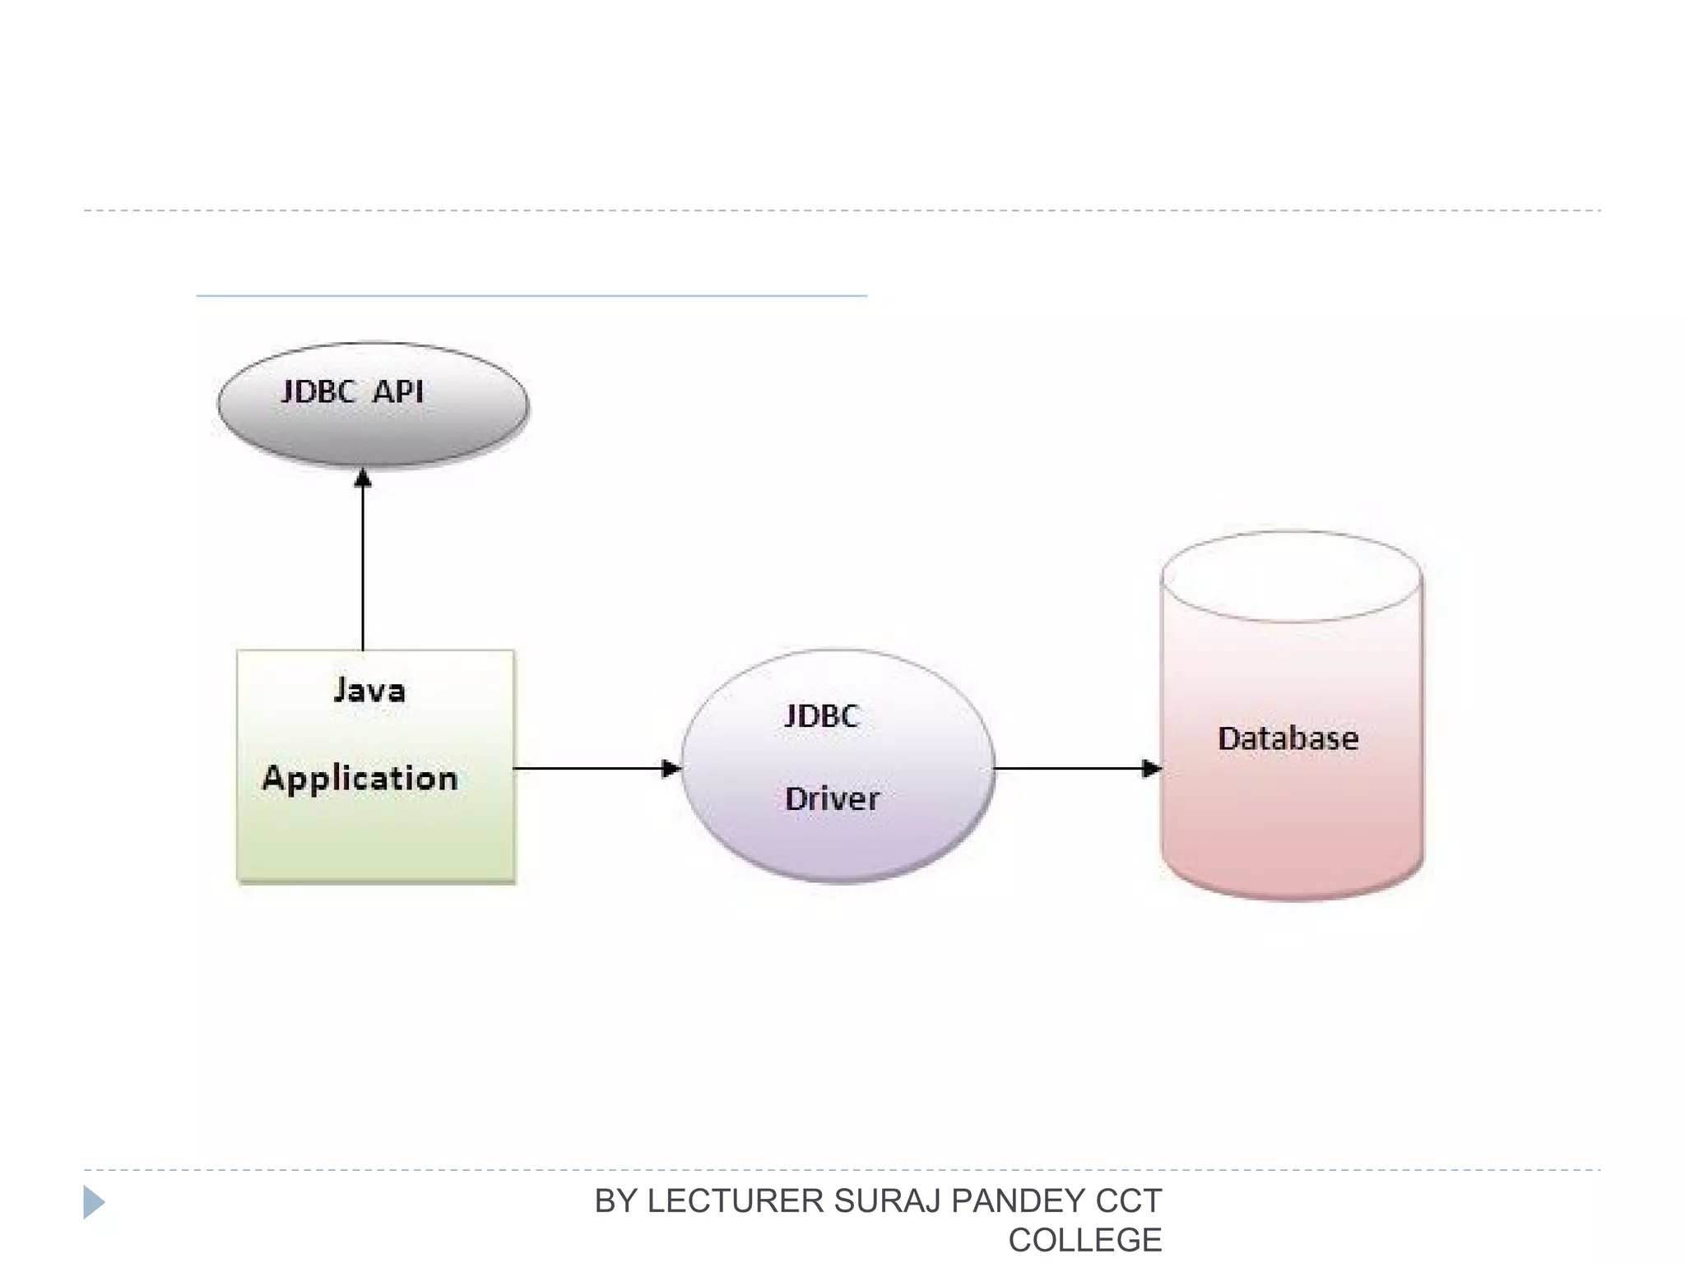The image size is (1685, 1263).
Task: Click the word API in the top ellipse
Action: coord(398,392)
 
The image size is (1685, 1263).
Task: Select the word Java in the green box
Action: coord(369,691)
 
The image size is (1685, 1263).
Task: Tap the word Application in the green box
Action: coord(360,779)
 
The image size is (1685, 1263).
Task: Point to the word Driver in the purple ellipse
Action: coord(832,799)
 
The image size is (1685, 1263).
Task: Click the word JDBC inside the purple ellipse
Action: coord(822,716)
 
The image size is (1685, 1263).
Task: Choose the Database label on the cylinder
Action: coord(1288,738)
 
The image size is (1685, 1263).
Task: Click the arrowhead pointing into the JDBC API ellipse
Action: coord(363,479)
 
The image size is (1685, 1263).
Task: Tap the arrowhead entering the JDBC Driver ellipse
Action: coord(671,769)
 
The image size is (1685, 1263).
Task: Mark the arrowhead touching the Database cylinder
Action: coord(1151,769)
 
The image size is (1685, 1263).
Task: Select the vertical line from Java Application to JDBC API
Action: coord(363,567)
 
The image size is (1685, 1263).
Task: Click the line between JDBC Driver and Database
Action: coord(1070,769)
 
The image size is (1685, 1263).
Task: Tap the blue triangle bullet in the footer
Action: coord(94,1202)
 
